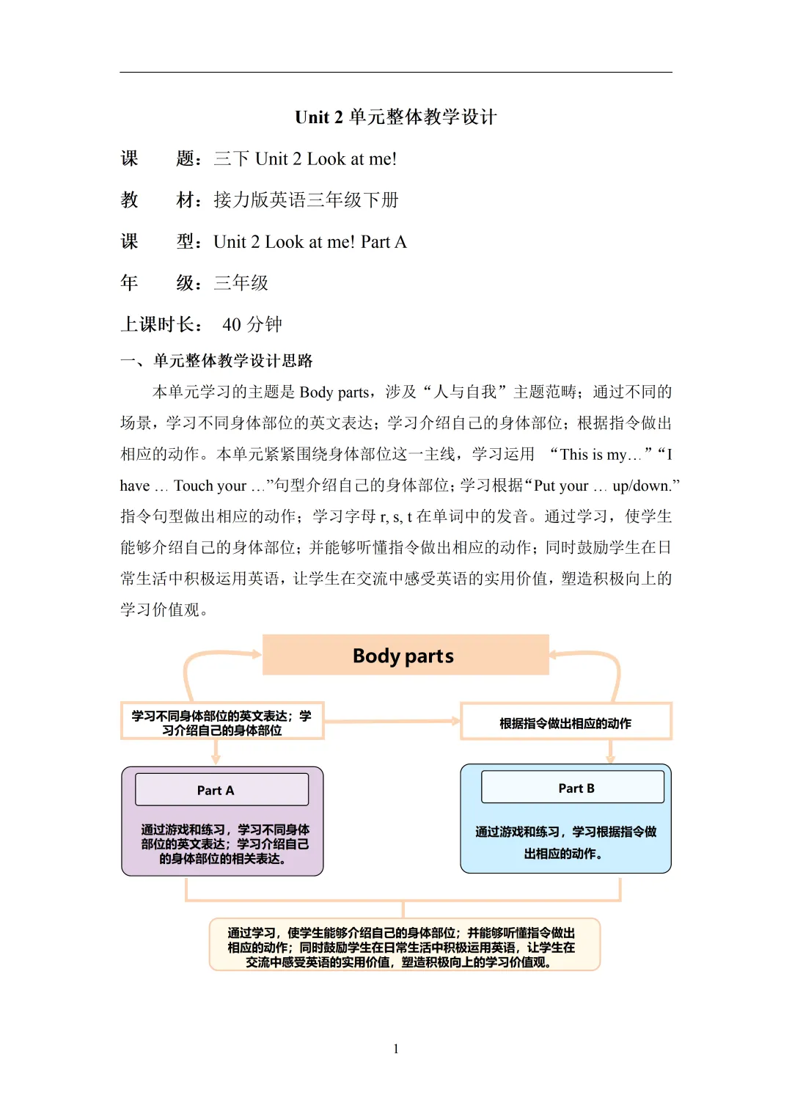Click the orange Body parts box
tap(405, 655)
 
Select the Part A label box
tap(221, 790)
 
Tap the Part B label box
tap(572, 788)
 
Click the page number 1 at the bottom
tap(396, 1049)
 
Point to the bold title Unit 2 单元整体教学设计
tap(396, 117)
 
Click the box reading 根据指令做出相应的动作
tap(565, 722)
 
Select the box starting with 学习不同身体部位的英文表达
tap(221, 722)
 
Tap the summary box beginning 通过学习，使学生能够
tap(404, 946)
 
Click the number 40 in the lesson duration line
tap(232, 325)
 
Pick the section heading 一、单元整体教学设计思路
tap(217, 361)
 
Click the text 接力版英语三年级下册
tap(306, 200)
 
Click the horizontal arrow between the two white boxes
tap(392, 722)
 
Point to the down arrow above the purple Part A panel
tap(216, 753)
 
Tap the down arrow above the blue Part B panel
tap(610, 752)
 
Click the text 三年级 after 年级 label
tap(241, 283)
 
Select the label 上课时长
tap(159, 325)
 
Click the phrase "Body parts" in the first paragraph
tap(334, 392)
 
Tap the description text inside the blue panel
tap(565, 842)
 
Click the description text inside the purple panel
tap(224, 843)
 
